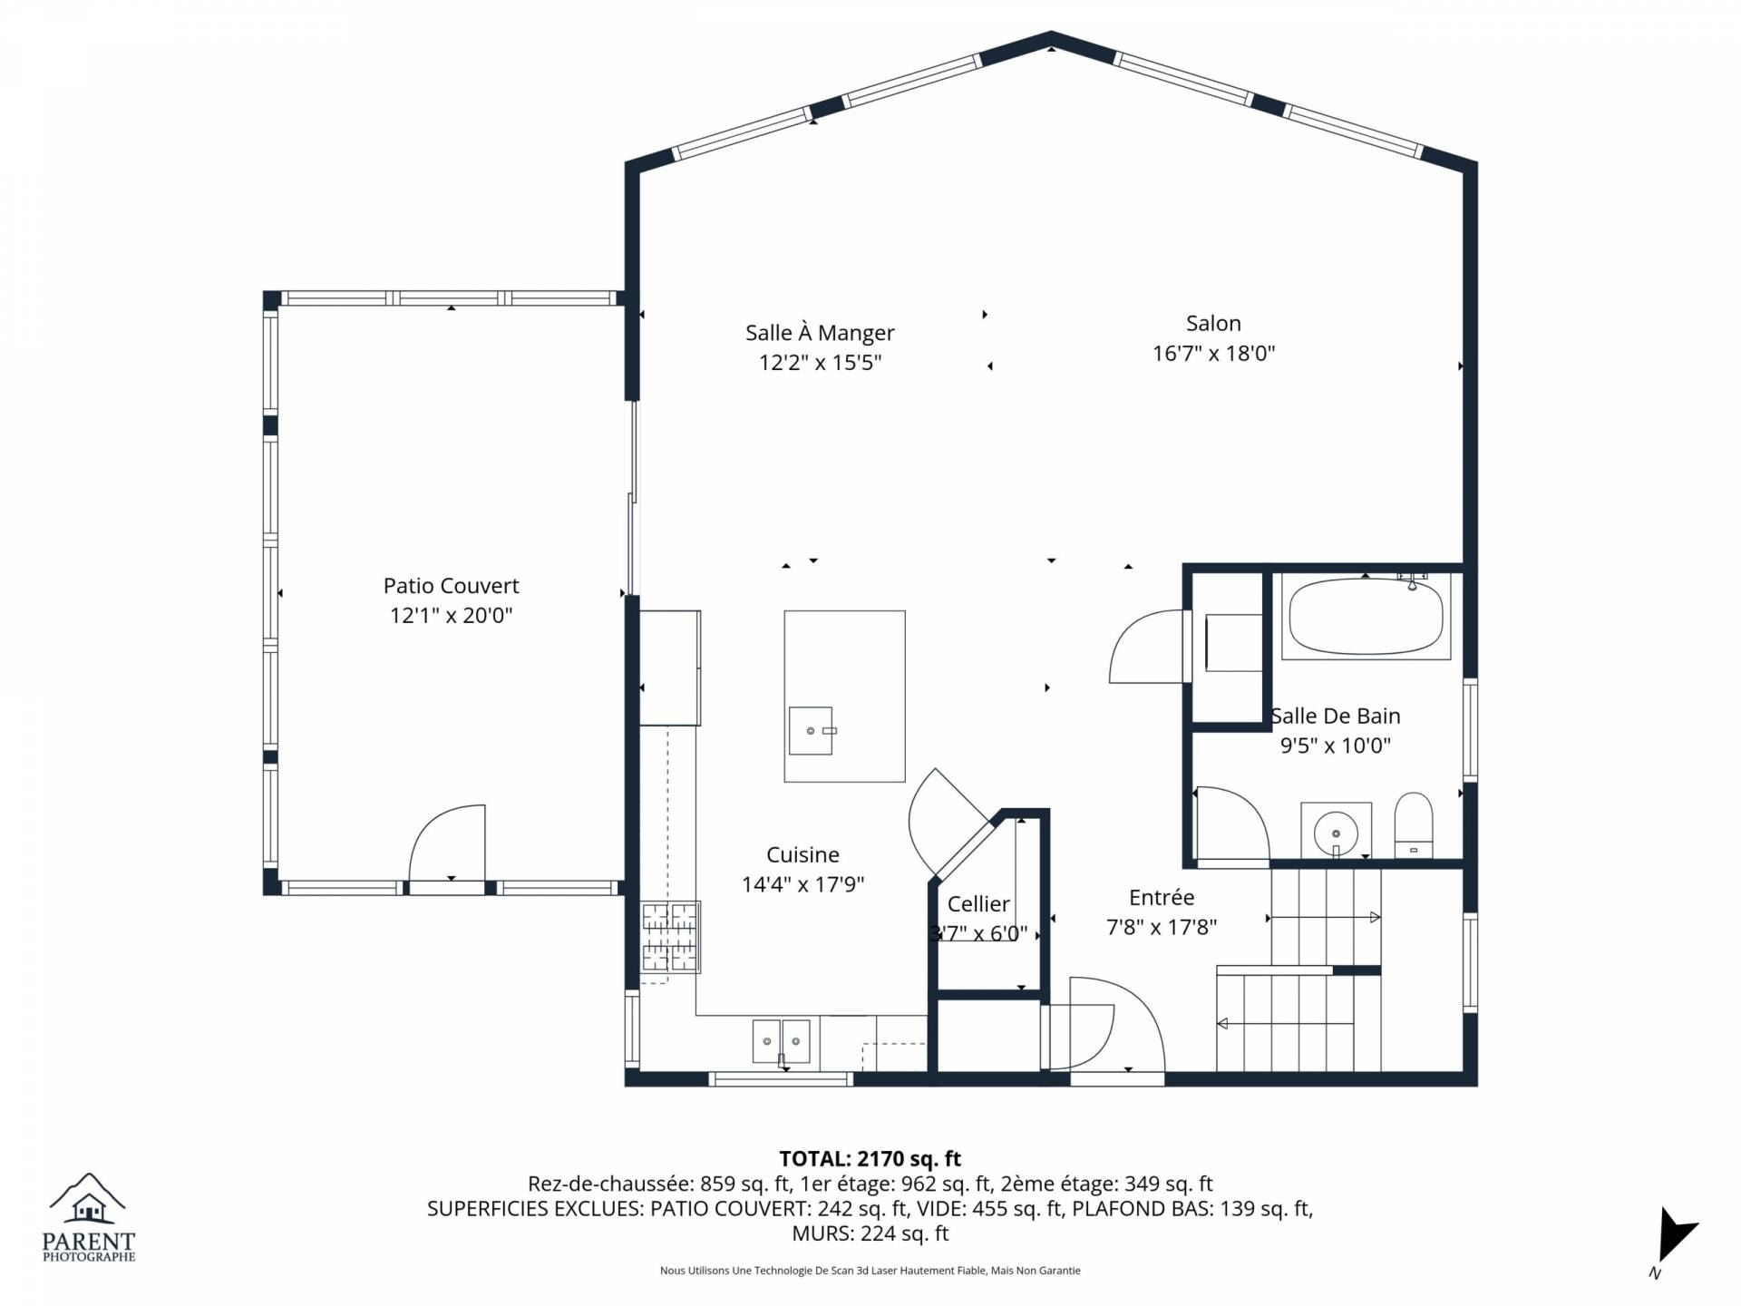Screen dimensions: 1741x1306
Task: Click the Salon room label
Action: [x=1213, y=323]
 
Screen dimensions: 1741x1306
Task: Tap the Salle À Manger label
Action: [x=820, y=333]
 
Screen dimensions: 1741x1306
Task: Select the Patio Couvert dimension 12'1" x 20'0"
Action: [x=451, y=616]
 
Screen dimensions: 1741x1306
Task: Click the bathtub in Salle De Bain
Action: [x=1367, y=617]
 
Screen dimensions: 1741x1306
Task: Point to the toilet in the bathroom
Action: [x=1413, y=824]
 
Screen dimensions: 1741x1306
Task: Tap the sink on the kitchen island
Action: [x=811, y=731]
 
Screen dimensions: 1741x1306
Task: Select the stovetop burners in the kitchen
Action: [x=671, y=937]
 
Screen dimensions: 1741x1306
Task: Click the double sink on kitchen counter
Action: [x=781, y=1041]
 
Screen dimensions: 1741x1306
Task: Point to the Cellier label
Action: [x=978, y=904]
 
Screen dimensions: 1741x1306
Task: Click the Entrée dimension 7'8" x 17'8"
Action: [x=1162, y=927]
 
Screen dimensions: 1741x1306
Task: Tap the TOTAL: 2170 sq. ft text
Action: [x=870, y=1159]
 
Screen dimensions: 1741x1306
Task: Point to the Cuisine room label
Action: [x=802, y=854]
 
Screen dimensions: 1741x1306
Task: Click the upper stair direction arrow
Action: [x=1324, y=918]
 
